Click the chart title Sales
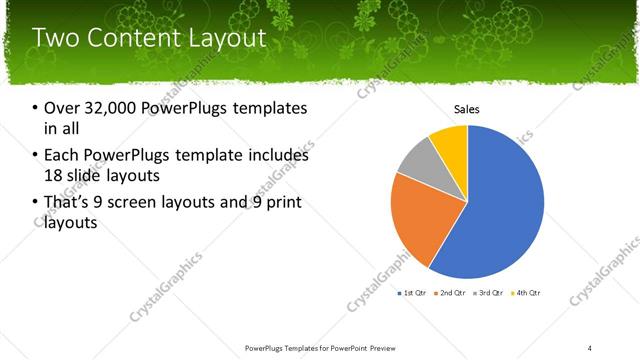pos(468,109)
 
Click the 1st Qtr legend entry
pos(415,293)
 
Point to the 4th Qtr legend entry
pos(527,293)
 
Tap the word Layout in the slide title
pos(225,39)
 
